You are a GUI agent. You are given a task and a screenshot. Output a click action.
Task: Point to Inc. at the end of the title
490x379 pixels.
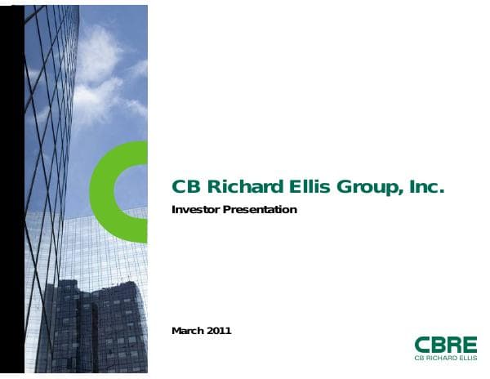coord(425,187)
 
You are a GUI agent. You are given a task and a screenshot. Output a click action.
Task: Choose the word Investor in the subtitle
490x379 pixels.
coord(195,210)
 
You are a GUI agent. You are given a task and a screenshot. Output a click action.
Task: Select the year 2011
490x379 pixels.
coord(220,331)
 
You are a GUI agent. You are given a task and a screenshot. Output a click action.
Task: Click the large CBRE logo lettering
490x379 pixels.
coord(445,345)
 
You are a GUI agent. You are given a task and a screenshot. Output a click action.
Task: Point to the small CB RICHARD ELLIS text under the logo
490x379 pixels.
coord(445,358)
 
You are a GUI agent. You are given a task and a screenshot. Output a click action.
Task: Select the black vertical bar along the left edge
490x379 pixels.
coord(11,188)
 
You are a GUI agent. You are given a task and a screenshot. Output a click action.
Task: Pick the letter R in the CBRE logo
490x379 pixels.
coord(453,345)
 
